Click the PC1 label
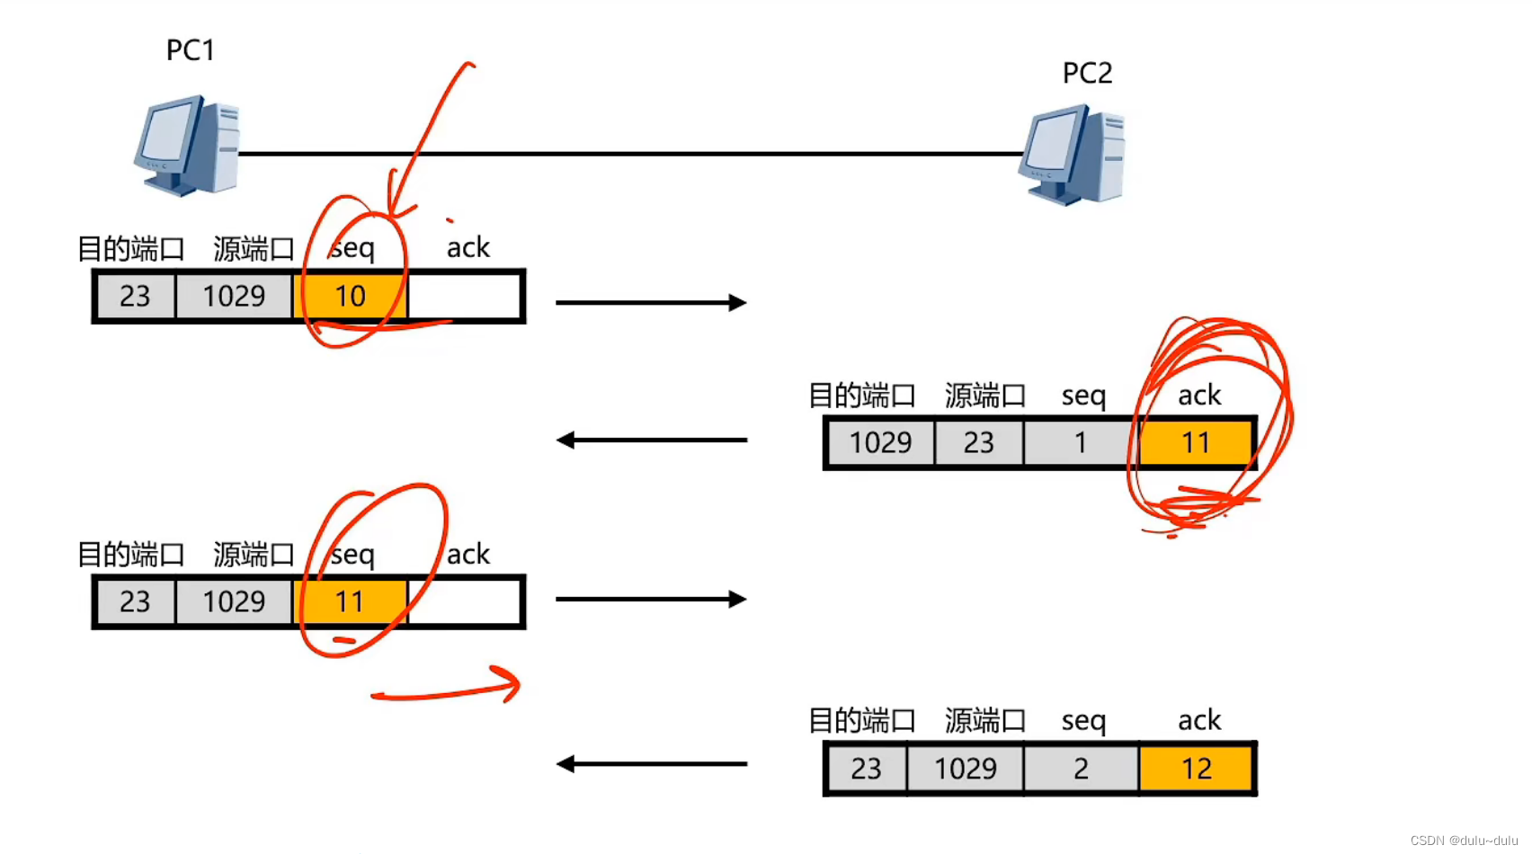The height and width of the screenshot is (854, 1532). click(191, 50)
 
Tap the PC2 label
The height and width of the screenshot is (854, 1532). click(1087, 73)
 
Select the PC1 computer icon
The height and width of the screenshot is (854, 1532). click(188, 146)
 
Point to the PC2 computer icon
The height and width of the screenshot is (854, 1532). click(1073, 155)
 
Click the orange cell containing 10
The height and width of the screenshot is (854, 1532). click(350, 296)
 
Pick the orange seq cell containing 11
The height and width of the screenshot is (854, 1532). click(350, 601)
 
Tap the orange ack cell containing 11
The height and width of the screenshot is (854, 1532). click(1195, 442)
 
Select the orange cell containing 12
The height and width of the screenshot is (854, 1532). click(1196, 769)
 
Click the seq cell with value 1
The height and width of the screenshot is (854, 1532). click(1081, 442)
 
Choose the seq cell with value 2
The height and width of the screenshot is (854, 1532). click(1081, 769)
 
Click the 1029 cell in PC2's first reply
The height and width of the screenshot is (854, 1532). click(880, 442)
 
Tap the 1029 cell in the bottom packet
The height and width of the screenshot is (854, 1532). click(965, 769)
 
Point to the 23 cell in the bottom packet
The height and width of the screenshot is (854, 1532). click(866, 769)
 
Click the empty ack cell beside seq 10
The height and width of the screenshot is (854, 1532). click(465, 296)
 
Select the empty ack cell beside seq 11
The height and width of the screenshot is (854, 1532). click(465, 601)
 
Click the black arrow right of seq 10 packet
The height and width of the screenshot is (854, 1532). click(651, 303)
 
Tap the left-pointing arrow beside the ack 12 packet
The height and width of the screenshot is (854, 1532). click(651, 764)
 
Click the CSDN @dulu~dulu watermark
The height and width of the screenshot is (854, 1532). click(1463, 841)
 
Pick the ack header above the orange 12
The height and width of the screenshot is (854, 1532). click(1198, 720)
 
